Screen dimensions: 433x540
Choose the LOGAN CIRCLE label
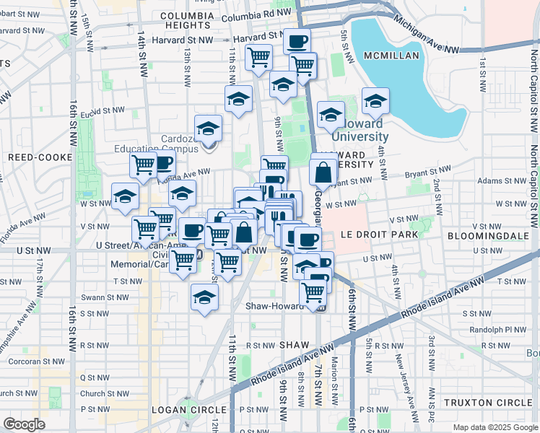pos(181,409)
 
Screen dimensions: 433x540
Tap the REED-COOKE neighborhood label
pos(40,157)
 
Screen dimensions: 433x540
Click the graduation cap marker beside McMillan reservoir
pos(375,102)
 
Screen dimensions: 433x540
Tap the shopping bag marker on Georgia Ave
pos(323,172)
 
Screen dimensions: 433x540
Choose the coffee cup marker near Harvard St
pos(297,40)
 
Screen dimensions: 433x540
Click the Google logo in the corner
pos(25,424)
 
